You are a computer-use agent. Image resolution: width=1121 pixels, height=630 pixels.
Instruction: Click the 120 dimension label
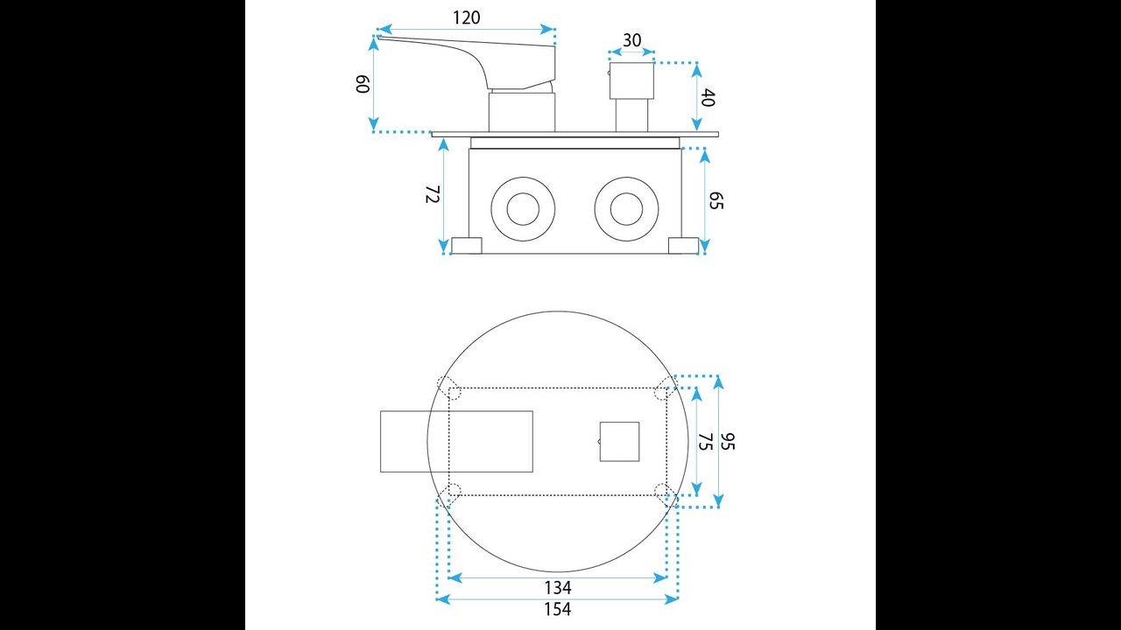tap(467, 18)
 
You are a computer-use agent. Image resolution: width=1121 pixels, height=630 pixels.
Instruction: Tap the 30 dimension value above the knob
tap(631, 40)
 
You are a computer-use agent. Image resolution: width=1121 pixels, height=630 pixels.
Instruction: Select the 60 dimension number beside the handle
tap(363, 84)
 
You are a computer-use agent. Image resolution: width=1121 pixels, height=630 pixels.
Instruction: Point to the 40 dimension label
tap(707, 97)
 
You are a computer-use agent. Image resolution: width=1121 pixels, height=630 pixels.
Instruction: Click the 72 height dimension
tap(432, 194)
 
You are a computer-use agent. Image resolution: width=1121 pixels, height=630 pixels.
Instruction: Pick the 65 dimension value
tap(716, 200)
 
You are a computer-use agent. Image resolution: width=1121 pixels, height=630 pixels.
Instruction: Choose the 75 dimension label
tap(705, 442)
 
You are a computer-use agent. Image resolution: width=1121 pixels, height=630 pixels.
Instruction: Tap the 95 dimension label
tap(727, 442)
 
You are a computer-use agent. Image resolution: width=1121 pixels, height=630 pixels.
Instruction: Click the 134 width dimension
tap(558, 587)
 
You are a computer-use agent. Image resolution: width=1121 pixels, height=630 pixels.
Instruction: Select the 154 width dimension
tap(558, 609)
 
